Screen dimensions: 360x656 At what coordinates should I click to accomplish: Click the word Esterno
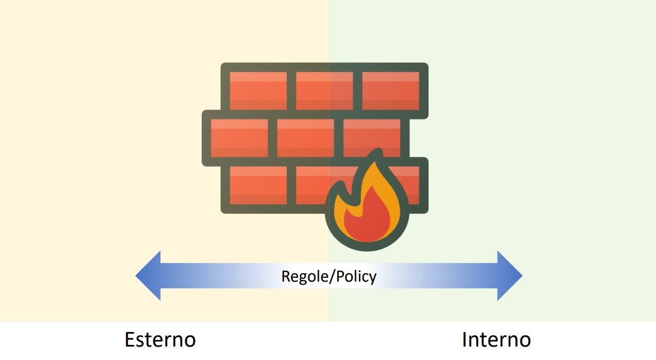point(160,340)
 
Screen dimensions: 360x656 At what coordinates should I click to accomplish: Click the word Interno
point(496,340)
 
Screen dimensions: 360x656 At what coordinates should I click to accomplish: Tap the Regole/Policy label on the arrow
point(329,276)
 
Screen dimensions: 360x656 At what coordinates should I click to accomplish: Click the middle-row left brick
point(239,138)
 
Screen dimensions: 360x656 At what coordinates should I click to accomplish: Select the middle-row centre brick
point(305,138)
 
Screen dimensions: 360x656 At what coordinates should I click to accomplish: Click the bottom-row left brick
point(258,185)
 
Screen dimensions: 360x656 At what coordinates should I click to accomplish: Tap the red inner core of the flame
point(367,218)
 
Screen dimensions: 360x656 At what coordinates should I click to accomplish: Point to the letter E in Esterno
point(131,340)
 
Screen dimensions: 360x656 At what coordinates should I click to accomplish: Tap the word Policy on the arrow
point(354,276)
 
